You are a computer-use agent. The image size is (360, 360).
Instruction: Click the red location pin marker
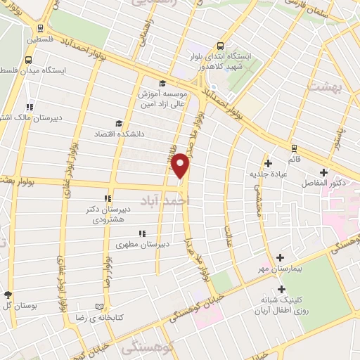pyautogui.click(x=181, y=165)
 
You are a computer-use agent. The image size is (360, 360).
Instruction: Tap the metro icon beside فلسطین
pyautogui.click(x=41, y=28)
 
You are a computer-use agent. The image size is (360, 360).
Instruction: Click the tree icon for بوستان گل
pyautogui.click(x=8, y=294)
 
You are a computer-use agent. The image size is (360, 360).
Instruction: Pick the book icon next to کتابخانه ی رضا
pyautogui.click(x=98, y=307)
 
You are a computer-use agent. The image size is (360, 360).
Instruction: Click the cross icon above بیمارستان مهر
pyautogui.click(x=281, y=258)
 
